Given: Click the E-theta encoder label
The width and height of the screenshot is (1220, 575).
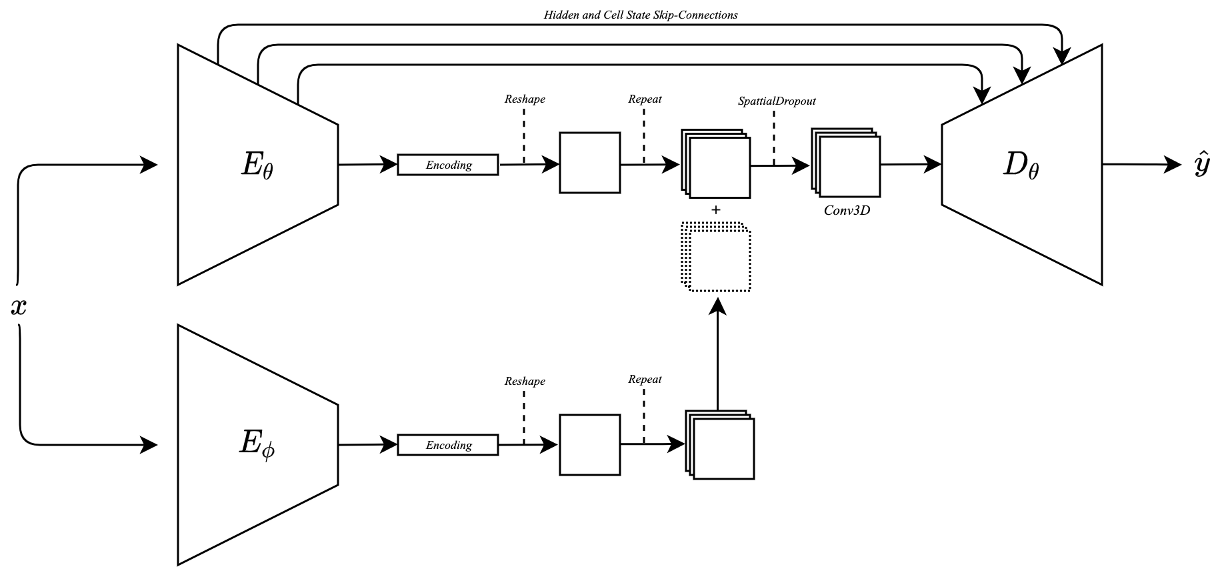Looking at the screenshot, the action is tap(257, 165).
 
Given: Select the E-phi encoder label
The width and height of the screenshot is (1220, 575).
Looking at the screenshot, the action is tap(257, 446).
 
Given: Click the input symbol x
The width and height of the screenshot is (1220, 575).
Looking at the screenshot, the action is tap(19, 306).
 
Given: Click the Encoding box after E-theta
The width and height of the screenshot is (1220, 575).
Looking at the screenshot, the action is tap(448, 165).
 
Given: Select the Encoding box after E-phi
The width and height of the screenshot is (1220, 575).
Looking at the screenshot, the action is tap(448, 445).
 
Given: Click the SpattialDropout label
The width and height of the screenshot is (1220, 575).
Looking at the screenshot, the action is tap(777, 101).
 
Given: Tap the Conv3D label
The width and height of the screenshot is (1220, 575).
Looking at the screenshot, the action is tap(847, 211).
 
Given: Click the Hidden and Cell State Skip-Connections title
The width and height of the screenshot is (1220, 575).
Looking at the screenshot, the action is tap(641, 15).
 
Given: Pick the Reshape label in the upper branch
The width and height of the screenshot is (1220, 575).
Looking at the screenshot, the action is tap(525, 99).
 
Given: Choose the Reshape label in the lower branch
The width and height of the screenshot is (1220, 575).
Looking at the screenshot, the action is tap(525, 382).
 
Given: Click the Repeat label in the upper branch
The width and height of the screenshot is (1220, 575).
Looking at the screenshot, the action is tap(645, 99).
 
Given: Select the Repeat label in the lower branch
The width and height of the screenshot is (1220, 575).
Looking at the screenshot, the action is tap(645, 380).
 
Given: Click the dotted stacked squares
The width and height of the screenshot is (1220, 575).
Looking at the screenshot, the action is tap(716, 257).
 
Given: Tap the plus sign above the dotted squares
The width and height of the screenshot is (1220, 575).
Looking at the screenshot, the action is tap(716, 209).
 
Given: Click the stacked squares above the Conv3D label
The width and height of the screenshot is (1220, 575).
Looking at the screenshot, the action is tap(845, 162).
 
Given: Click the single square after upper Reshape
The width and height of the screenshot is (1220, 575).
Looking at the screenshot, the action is tap(589, 163).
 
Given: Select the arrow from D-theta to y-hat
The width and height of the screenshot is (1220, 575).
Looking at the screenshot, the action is tap(1141, 164).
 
